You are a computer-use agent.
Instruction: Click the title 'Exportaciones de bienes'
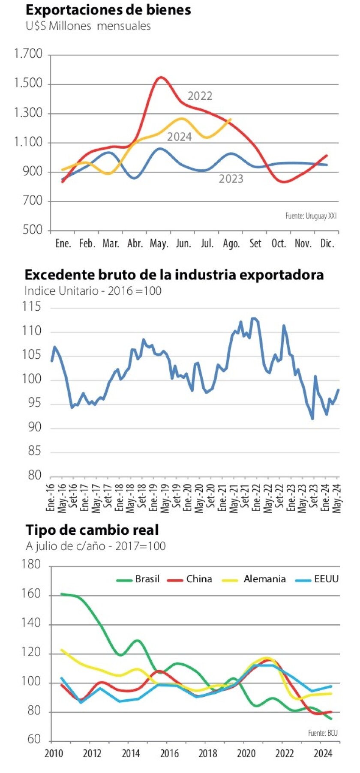tap(108, 10)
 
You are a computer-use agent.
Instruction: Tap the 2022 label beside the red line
tap(200, 96)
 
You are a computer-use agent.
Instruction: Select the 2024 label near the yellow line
tap(179, 137)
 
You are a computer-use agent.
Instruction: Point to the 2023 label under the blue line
tap(231, 179)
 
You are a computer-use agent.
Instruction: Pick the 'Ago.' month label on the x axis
tap(231, 244)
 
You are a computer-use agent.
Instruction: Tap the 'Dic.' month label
tap(327, 244)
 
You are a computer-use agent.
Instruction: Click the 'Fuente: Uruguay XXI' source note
tap(311, 216)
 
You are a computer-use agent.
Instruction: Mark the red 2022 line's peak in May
tap(161, 78)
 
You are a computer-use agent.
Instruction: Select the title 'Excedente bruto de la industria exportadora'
tap(174, 275)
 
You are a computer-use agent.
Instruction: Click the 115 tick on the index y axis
tap(32, 307)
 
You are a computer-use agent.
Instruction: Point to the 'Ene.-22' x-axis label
tap(256, 497)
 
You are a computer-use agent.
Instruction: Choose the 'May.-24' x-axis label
tap(337, 497)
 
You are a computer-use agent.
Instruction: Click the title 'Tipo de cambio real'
tap(92, 530)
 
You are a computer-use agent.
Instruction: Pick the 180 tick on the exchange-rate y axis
tap(31, 565)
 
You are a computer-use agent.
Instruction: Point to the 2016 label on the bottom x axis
tap(169, 754)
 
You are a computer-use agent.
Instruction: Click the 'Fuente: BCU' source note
tap(323, 733)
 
